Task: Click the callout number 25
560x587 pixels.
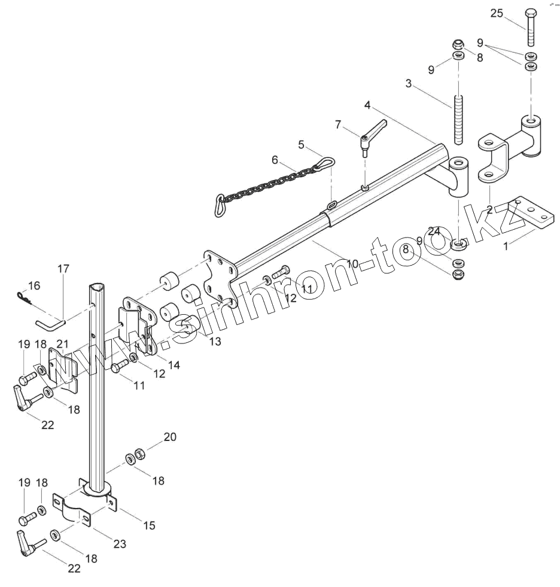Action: tap(497, 14)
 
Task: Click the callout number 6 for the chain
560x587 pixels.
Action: tap(275, 160)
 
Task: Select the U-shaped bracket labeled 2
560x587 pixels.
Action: tap(494, 159)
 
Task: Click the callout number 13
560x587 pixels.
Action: tap(214, 341)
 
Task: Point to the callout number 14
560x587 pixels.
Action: tap(174, 364)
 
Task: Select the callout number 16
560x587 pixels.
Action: tap(34, 286)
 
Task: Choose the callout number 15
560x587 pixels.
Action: tap(148, 525)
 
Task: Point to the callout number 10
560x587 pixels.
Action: tap(352, 263)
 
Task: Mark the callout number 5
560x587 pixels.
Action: tap(302, 144)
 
